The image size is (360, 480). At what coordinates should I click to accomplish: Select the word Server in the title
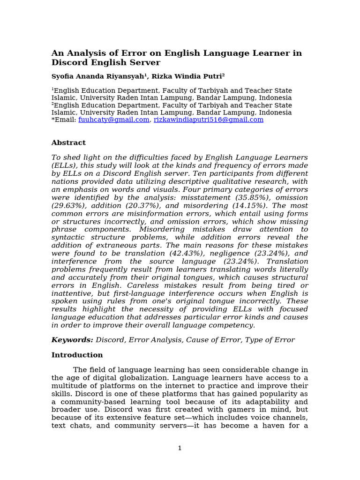(x=144, y=62)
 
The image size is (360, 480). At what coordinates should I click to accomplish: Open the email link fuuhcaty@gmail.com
(x=114, y=120)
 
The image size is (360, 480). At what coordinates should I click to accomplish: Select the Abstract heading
(x=68, y=142)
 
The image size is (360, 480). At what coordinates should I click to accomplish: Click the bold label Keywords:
(x=72, y=340)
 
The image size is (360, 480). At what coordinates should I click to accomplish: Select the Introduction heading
(x=77, y=355)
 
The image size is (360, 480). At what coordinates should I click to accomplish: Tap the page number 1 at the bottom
(x=180, y=448)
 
